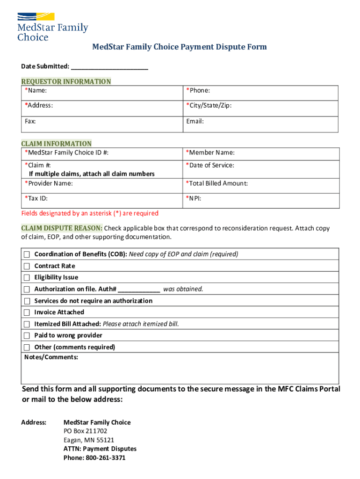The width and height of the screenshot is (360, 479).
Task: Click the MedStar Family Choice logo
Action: [52, 27]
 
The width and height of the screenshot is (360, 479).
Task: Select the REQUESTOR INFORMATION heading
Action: [66, 81]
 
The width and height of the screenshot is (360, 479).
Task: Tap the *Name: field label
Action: [36, 90]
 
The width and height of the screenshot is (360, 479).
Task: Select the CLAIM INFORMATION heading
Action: [56, 144]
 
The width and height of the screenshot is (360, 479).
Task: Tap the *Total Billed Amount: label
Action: [216, 183]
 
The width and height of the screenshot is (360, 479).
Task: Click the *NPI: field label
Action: [195, 198]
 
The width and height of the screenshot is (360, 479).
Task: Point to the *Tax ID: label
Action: [36, 198]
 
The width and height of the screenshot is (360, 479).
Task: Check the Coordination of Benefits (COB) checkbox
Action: [27, 254]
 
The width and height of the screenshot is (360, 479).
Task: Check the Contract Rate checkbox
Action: [27, 266]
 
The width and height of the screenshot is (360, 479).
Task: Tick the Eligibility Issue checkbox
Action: [27, 277]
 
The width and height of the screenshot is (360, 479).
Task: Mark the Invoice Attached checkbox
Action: [27, 312]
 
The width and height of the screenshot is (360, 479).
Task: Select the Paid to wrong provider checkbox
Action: [27, 335]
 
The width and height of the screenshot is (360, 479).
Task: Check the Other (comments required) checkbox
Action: [27, 347]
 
